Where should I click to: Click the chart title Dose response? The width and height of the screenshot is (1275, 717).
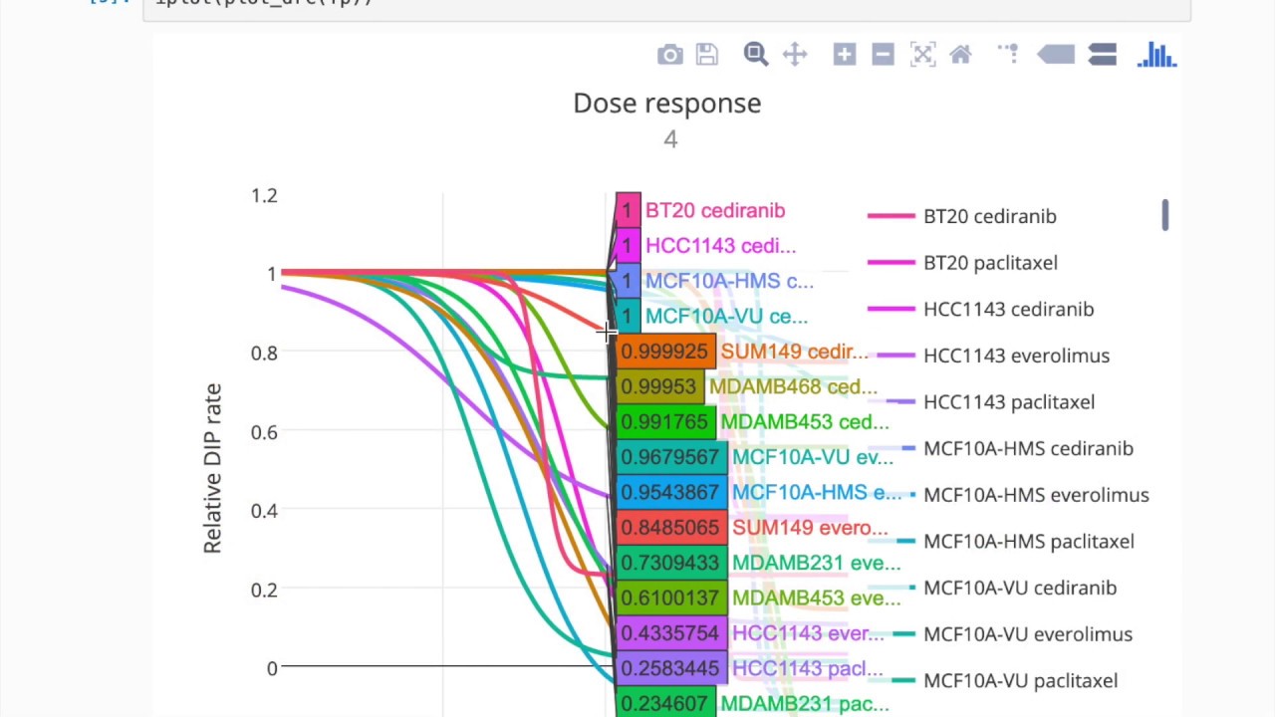666,104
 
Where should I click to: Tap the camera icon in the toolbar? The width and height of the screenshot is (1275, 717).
670,55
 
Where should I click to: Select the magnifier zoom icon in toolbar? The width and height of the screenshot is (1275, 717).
756,55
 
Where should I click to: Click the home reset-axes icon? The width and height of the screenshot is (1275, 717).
961,55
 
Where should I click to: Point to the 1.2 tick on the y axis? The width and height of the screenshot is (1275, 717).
264,196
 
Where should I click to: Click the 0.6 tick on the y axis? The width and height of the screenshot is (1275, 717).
264,431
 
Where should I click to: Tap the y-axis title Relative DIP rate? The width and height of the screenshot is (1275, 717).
212,468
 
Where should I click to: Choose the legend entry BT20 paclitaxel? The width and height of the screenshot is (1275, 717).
990,263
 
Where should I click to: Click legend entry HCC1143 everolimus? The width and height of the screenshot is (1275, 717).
1016,356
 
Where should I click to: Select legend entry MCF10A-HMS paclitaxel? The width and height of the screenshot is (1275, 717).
1028,542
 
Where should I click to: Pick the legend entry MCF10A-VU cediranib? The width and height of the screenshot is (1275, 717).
1020,588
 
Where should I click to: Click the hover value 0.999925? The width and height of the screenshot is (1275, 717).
663,352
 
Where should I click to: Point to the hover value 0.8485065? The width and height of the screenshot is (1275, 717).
669,528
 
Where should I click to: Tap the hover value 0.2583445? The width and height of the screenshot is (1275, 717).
669,668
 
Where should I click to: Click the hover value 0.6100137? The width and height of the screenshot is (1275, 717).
669,597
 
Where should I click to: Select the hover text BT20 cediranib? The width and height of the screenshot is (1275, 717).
715,211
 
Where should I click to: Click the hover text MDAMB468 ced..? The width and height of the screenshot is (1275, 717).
793,386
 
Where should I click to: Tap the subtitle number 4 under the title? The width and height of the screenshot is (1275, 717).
670,139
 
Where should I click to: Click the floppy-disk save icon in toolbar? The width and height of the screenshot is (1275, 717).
707,55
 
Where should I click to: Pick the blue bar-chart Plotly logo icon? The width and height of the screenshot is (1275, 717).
1157,55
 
